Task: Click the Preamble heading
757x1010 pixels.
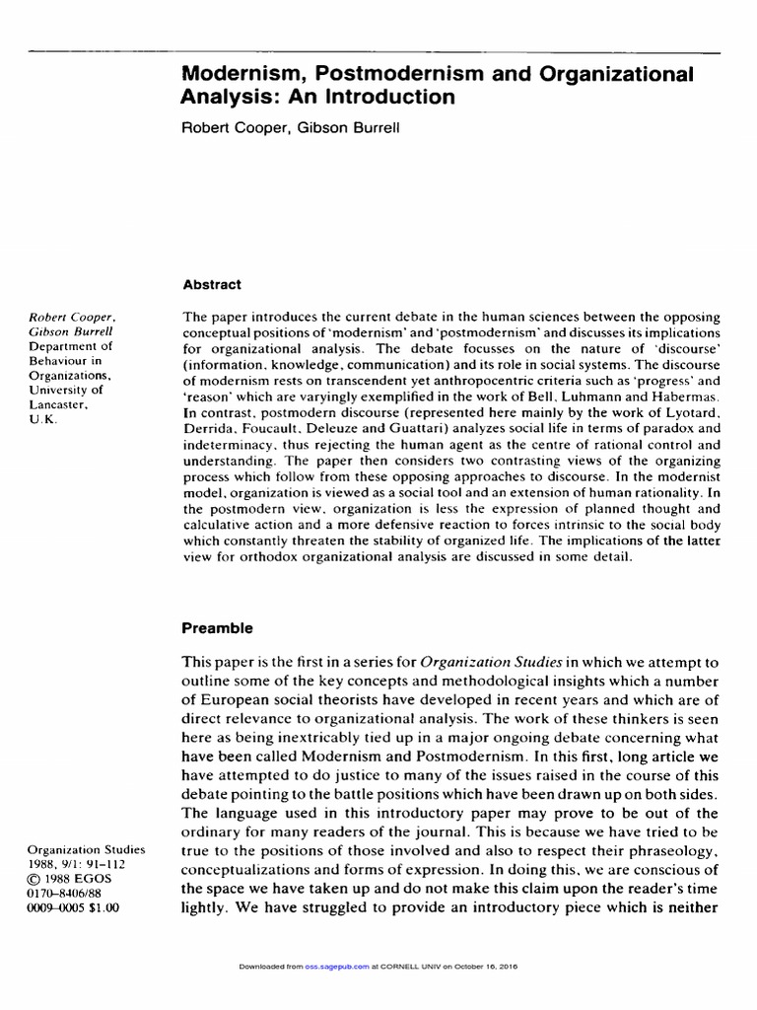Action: [x=218, y=627]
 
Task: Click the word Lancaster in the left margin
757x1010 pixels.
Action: [x=59, y=403]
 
